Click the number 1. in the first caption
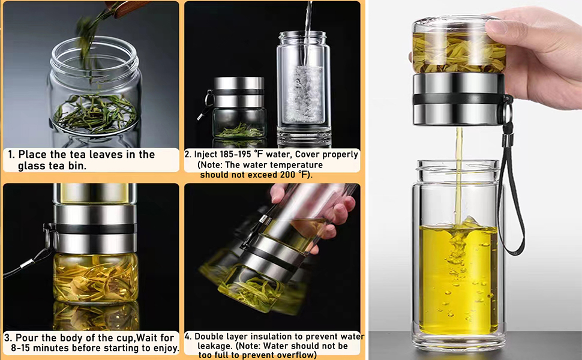[12, 154]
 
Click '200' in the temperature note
[287, 175]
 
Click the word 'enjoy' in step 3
[163, 349]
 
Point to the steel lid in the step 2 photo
[239, 92]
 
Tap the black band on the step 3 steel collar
[96, 229]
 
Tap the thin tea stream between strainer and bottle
[459, 175]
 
